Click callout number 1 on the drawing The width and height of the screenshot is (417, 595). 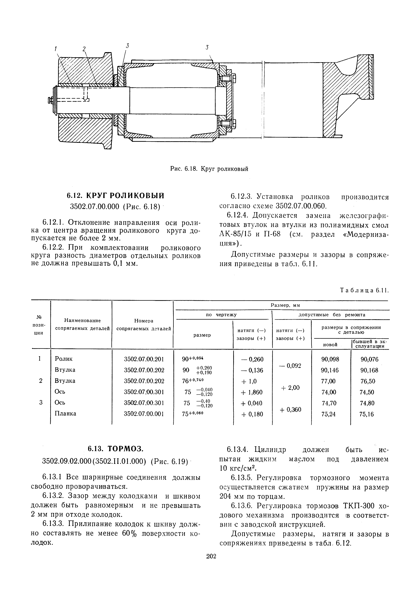[55, 48]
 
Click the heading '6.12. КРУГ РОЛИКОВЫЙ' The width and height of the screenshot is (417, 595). [115, 196]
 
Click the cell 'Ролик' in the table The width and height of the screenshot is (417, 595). [64, 359]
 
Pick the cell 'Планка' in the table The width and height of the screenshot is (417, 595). [65, 414]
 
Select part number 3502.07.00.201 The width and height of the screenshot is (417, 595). [144, 359]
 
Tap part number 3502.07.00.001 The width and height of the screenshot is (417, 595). [144, 414]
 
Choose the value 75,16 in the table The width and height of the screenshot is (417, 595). [367, 414]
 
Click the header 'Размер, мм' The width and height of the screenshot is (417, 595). [285, 305]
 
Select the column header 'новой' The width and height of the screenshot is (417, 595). [330, 345]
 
